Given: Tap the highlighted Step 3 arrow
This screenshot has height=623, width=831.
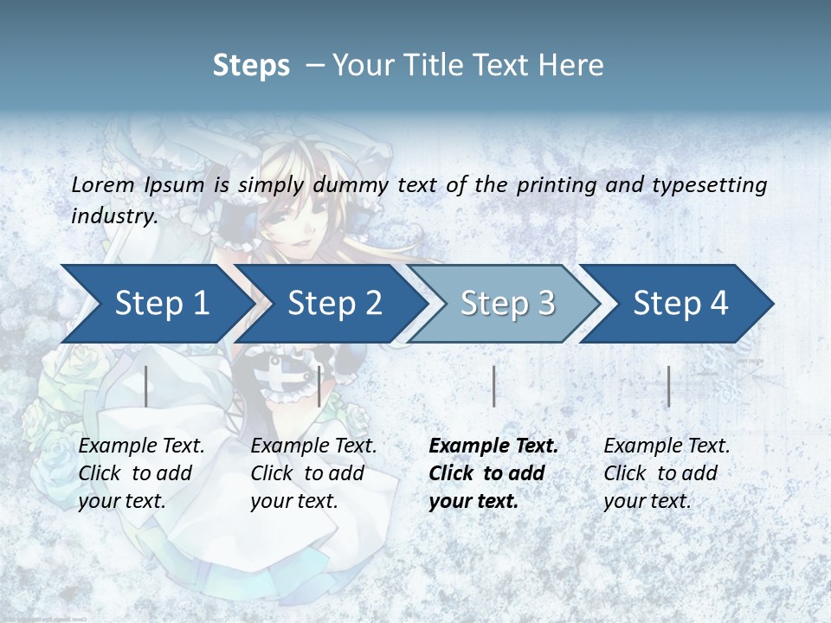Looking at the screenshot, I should pyautogui.click(x=507, y=304).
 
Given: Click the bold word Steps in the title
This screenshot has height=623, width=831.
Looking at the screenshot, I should pyautogui.click(x=251, y=66).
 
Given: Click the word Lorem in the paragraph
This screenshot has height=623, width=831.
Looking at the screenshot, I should pyautogui.click(x=102, y=185).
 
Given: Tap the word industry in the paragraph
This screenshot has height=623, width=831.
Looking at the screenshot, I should pyautogui.click(x=114, y=216).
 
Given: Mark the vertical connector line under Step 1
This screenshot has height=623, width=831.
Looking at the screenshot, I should pyautogui.click(x=146, y=386).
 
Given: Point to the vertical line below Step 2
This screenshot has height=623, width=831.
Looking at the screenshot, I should pyautogui.click(x=319, y=386).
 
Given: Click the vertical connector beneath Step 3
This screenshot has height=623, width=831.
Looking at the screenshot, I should pyautogui.click(x=493, y=386).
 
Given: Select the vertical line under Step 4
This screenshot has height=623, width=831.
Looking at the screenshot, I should pyautogui.click(x=669, y=386).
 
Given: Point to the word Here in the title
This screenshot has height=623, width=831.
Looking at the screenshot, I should pyautogui.click(x=570, y=66).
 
